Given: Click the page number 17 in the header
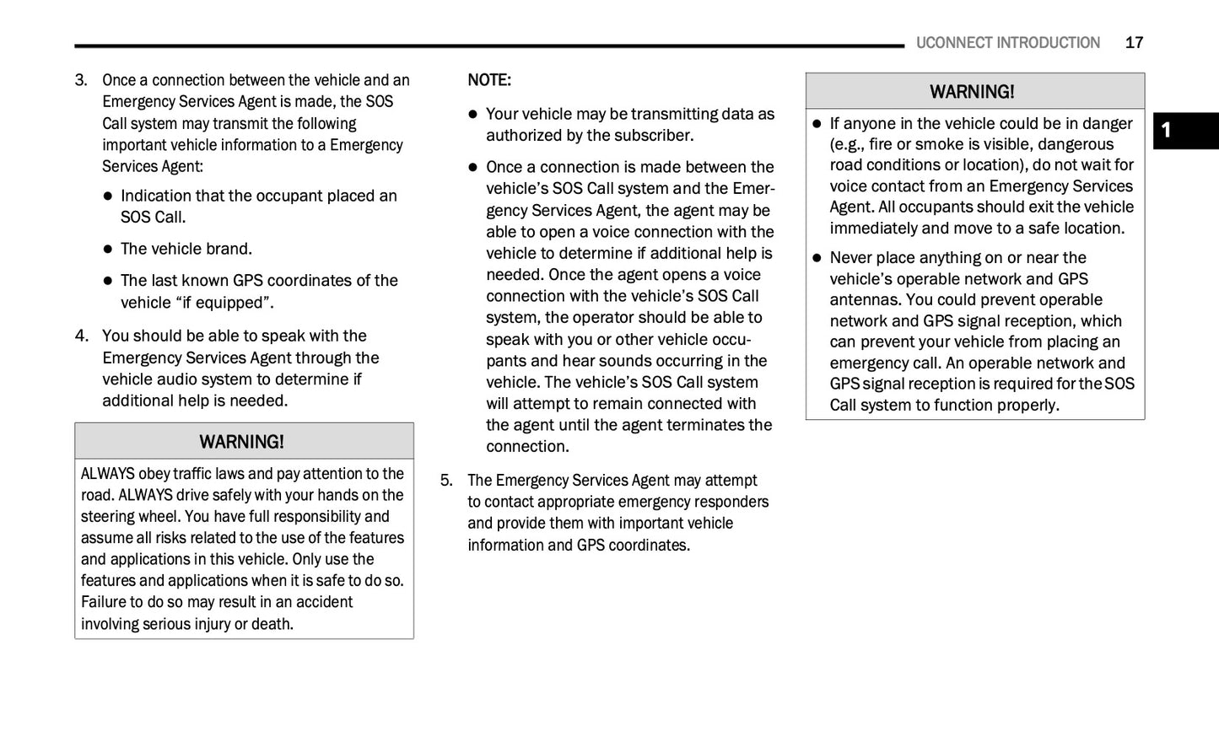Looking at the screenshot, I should pos(1134,43).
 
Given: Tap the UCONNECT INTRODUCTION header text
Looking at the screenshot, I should pos(1007,43).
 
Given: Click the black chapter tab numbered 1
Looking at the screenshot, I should pos(1185,131).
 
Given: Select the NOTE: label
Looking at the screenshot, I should pos(489,80).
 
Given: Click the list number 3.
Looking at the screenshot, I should pos(81,80).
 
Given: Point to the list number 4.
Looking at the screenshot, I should pos(81,336).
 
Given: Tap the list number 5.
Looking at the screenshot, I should pos(446,481).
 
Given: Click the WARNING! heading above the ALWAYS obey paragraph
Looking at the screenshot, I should pos(242,442).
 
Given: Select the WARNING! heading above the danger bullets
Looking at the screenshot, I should pos(972,91).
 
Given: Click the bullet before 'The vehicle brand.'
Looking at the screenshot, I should pos(108,250).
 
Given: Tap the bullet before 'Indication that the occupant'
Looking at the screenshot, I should pos(108,196).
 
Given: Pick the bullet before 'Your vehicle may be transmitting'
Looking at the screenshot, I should pos(473,115).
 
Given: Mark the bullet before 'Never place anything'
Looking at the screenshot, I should pos(817,258).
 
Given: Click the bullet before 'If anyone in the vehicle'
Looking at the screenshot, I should pos(817,124).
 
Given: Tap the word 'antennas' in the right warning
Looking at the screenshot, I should pos(865,300).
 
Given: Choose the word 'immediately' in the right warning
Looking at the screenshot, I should pos(872,229).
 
